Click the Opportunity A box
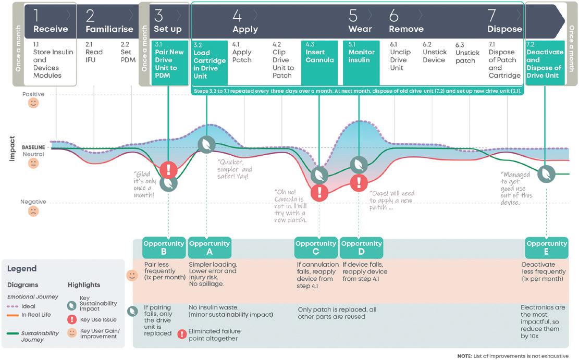click(x=210, y=247)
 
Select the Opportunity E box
click(x=546, y=247)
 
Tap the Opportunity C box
click(x=316, y=247)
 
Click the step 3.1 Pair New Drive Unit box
click(x=168, y=64)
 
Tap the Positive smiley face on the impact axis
click(x=33, y=103)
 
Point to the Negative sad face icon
click(x=33, y=212)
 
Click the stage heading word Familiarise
click(x=109, y=29)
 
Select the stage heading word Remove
click(x=406, y=29)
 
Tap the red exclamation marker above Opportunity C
click(x=319, y=193)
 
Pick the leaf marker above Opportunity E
click(x=546, y=172)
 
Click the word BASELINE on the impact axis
click(x=33, y=147)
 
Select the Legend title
click(x=22, y=269)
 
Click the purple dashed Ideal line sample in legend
click(x=15, y=307)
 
